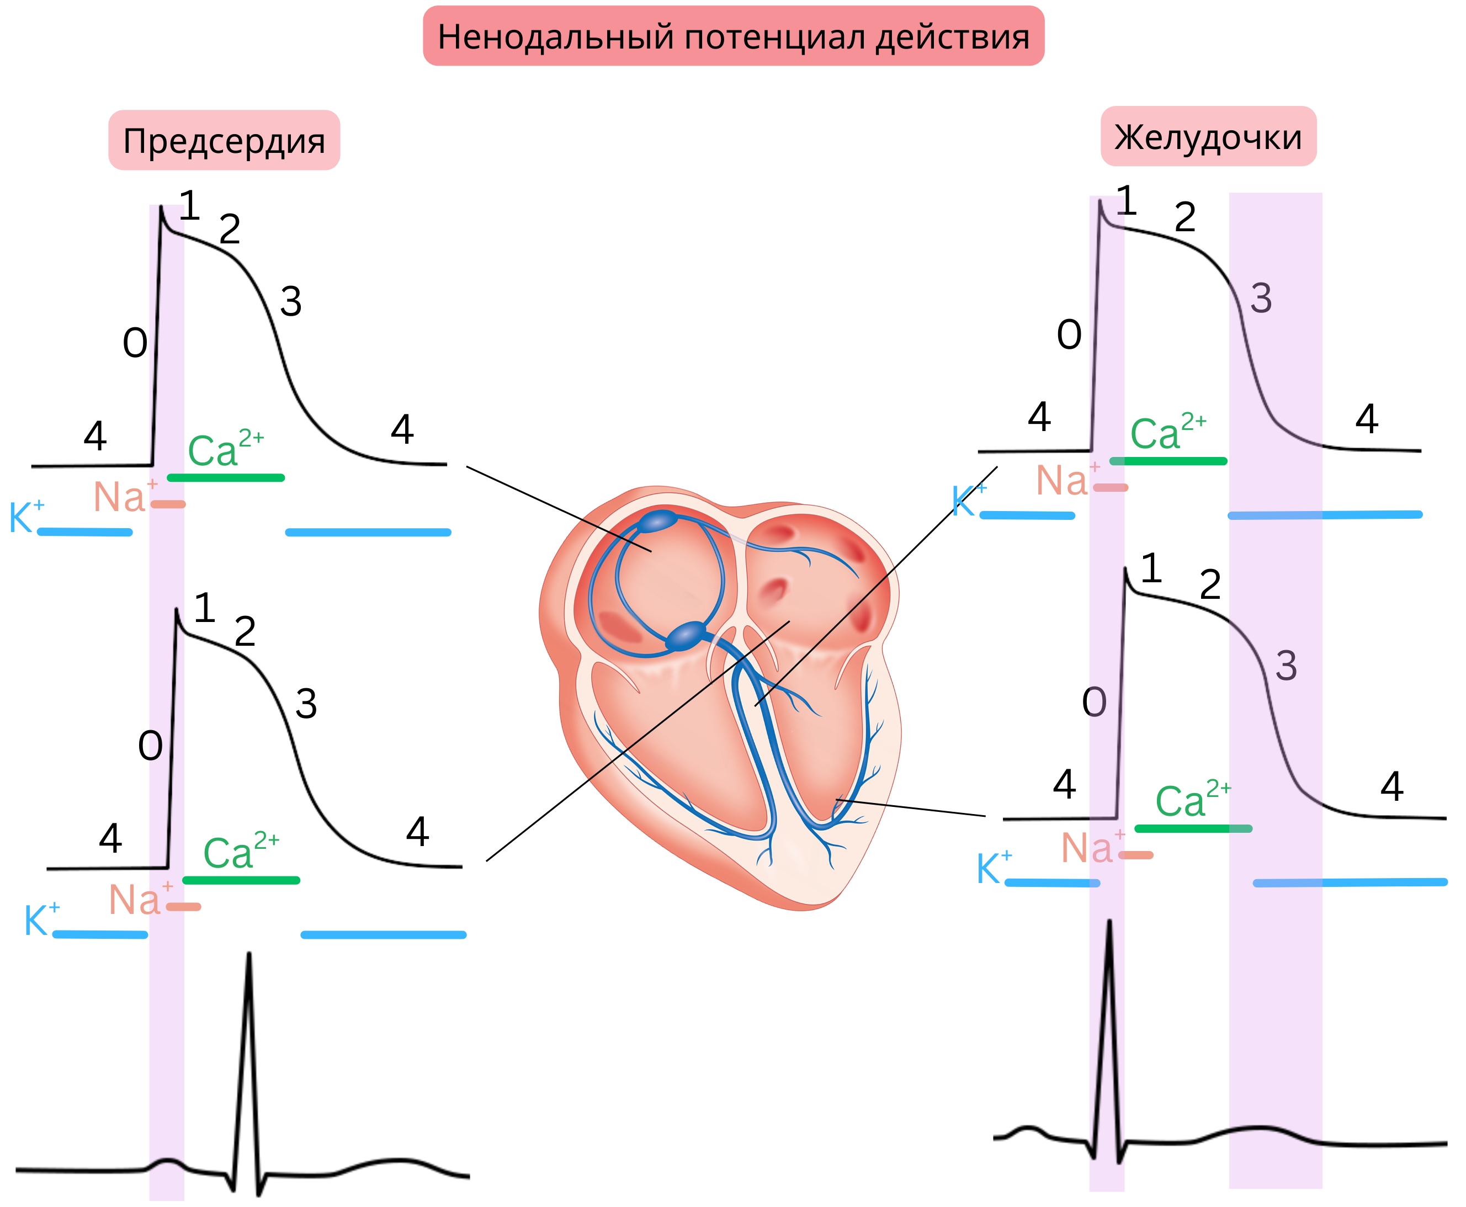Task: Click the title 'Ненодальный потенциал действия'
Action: pyautogui.click(x=733, y=36)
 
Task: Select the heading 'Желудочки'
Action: pyautogui.click(x=1208, y=136)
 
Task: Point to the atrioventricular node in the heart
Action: pyautogui.click(x=687, y=635)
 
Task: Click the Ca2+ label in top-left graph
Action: pyautogui.click(x=224, y=449)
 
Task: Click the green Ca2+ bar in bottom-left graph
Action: pyautogui.click(x=241, y=880)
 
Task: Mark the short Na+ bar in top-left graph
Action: pyautogui.click(x=168, y=504)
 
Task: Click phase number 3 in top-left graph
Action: pyautogui.click(x=291, y=302)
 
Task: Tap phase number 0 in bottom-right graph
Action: pyautogui.click(x=1094, y=702)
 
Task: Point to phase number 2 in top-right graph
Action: pyautogui.click(x=1185, y=217)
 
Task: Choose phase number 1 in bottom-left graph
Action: pyautogui.click(x=204, y=608)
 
